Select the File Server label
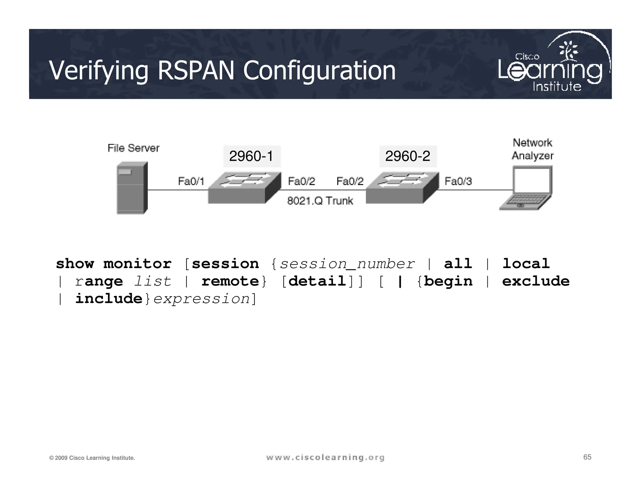click(133, 148)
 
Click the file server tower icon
click(132, 188)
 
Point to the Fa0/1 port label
click(191, 181)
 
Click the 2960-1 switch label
click(252, 156)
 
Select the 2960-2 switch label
click(408, 156)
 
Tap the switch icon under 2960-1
click(244, 188)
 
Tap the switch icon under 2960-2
click(402, 188)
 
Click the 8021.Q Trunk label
click(320, 201)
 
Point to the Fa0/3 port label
click(458, 181)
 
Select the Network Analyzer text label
click(532, 149)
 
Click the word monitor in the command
click(137, 264)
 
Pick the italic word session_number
click(347, 264)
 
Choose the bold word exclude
click(536, 281)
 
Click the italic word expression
click(202, 299)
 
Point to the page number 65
click(587, 457)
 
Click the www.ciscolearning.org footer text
click(325, 458)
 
